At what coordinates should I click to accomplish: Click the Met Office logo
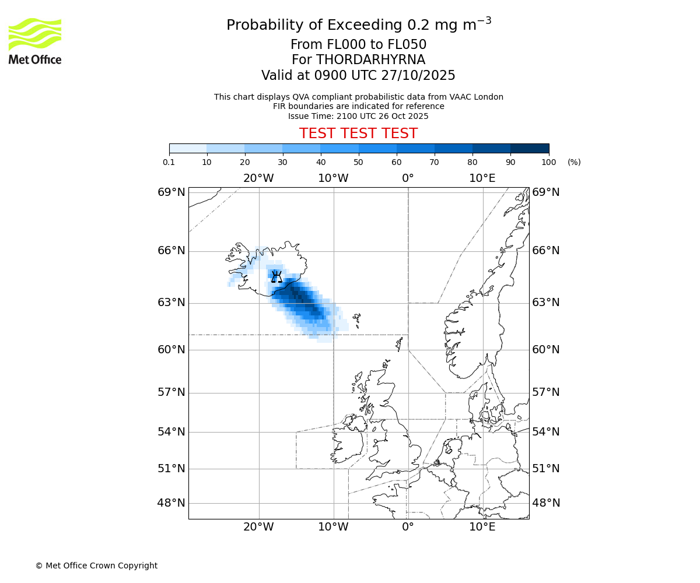click(35, 41)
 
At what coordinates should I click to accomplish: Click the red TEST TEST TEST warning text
click(358, 134)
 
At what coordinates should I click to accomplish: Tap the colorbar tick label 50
click(358, 162)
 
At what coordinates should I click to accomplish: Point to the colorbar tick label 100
click(548, 162)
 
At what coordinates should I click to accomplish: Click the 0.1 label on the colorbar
click(169, 162)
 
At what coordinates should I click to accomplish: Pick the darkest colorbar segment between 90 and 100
click(530, 148)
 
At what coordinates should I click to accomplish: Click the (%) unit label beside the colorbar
click(574, 162)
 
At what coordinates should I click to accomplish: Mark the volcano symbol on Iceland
click(276, 276)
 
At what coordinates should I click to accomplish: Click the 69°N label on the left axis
click(171, 192)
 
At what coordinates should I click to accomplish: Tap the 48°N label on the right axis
click(545, 503)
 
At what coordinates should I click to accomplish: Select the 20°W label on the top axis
click(258, 178)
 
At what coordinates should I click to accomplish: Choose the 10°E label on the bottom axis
click(482, 527)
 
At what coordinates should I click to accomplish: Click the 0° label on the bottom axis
click(408, 527)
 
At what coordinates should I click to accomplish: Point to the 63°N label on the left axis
click(171, 303)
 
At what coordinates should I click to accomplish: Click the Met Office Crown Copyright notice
click(96, 566)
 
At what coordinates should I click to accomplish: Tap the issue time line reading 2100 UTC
click(358, 116)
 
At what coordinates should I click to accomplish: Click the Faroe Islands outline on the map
click(356, 319)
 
